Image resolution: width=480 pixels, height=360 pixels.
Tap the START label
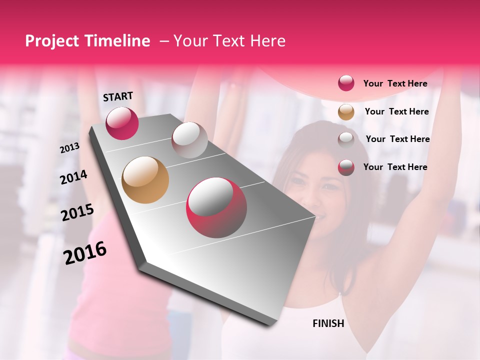118,96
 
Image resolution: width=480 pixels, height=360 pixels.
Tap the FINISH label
328,323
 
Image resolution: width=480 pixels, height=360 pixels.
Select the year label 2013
69,148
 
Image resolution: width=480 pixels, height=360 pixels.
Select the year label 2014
73,177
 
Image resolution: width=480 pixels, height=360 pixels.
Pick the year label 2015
77,212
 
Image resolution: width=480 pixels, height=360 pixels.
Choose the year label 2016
85,252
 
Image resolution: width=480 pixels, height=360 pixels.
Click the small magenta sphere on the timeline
122,123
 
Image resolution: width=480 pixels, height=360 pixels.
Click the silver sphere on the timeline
189,140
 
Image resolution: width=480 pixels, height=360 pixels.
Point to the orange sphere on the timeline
145,180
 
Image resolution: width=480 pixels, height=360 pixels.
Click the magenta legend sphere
346,83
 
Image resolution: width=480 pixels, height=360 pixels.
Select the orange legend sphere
346,112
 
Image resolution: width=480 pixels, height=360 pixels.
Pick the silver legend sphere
346,139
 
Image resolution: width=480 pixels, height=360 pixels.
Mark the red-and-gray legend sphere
346,167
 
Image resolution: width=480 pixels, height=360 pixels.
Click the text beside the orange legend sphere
396,111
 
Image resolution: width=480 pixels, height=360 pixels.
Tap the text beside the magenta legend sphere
395,83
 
